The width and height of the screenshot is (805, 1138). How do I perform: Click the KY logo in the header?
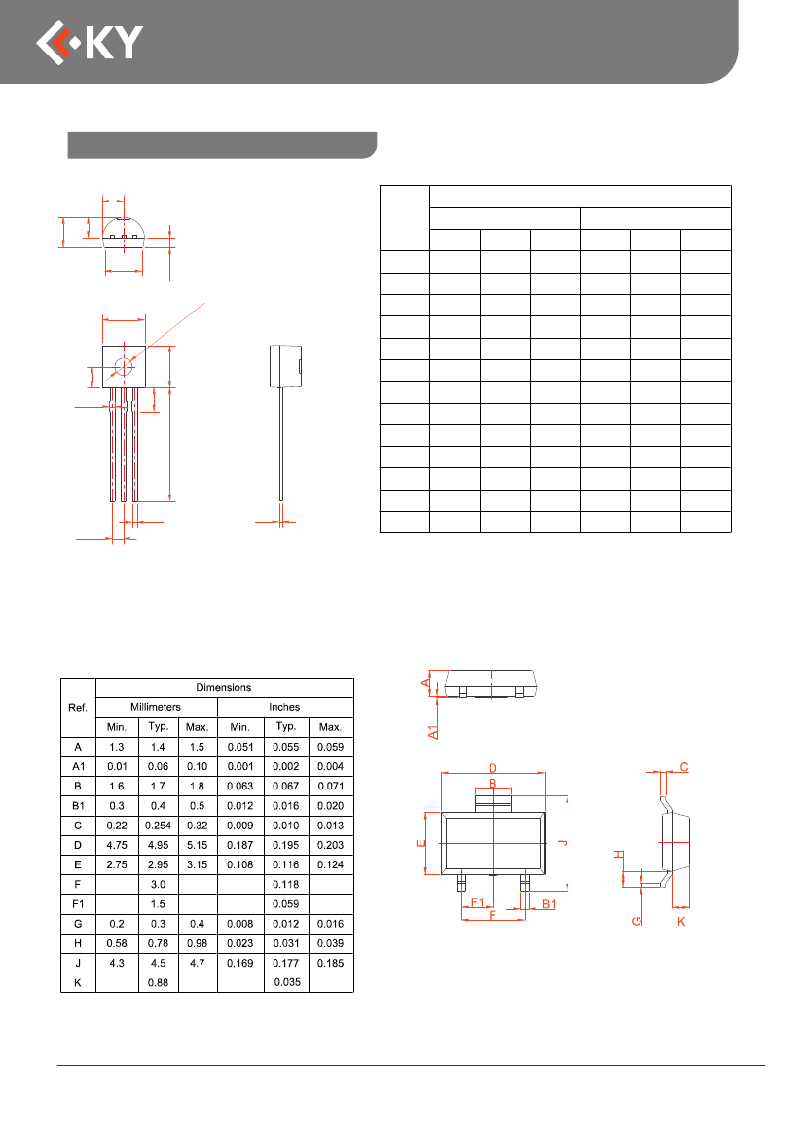point(90,43)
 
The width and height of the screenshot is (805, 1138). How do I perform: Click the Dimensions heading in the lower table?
point(224,687)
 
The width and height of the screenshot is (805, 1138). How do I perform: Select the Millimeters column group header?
point(156,706)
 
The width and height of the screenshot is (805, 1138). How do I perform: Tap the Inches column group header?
point(284,706)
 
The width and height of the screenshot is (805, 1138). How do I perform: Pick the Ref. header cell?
point(78,707)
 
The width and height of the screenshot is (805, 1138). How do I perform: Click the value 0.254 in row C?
point(159,826)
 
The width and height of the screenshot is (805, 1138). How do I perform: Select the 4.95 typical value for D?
point(159,845)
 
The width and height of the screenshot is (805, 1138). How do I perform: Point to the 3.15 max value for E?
point(197,864)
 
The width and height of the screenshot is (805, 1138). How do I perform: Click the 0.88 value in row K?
point(159,982)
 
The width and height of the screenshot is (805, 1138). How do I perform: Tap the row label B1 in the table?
point(78,806)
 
